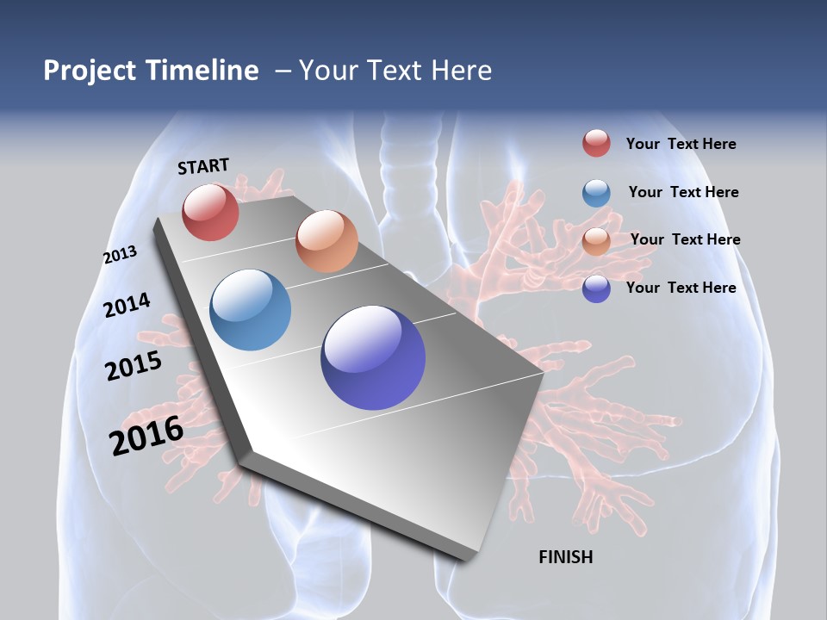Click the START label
click(x=203, y=165)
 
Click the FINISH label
click(x=565, y=557)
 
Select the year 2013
click(x=120, y=255)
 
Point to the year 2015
click(x=134, y=366)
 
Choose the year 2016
click(x=146, y=436)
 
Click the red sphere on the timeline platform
click(x=210, y=212)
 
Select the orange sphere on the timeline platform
click(x=326, y=241)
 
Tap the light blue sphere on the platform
click(x=251, y=310)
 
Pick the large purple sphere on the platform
click(x=373, y=357)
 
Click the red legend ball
click(x=596, y=143)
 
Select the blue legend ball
click(x=596, y=193)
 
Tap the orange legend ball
click(x=596, y=241)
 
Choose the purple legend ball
click(x=596, y=288)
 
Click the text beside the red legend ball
click(x=681, y=145)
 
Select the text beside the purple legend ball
click(x=681, y=288)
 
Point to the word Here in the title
click(x=461, y=71)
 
